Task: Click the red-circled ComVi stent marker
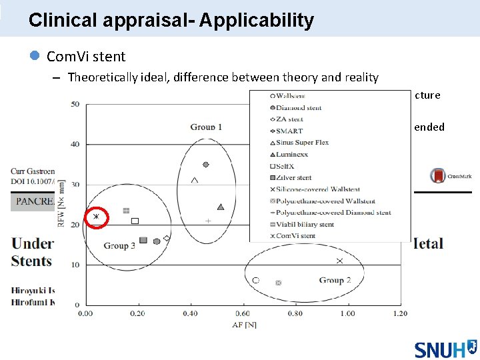[96, 217]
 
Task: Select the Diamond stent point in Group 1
[206, 164]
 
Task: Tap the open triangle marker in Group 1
[195, 179]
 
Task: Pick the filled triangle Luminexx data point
[221, 207]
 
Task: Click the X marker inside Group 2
[340, 261]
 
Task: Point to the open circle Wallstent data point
[256, 280]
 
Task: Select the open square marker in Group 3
[135, 221]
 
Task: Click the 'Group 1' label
[206, 127]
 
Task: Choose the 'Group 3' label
[119, 245]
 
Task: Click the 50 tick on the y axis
[75, 103]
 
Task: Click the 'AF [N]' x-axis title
[243, 324]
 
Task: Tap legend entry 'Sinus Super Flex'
[303, 143]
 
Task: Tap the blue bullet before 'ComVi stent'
[35, 57]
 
